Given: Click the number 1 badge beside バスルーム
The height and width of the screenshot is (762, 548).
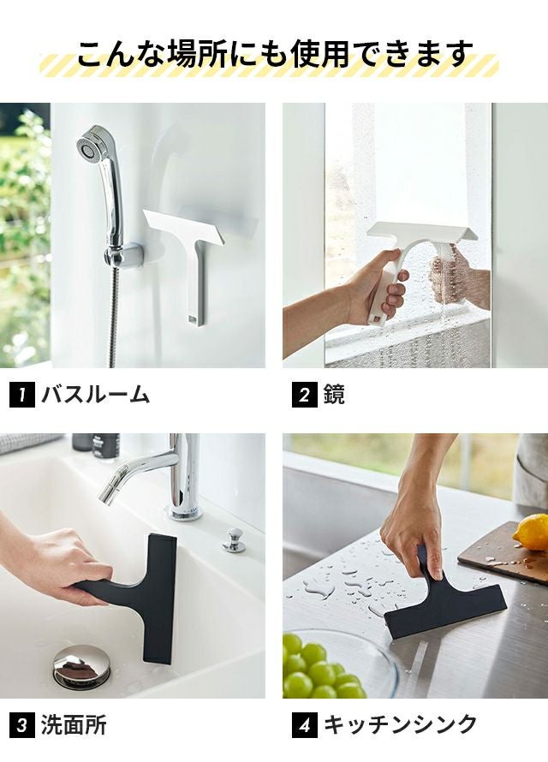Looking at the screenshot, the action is (x=22, y=395).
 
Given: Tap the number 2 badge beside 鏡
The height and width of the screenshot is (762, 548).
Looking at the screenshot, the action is (x=305, y=395).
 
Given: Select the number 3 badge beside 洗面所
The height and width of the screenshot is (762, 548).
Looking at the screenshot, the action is (x=22, y=725).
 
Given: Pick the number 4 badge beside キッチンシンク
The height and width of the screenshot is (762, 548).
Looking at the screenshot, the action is (x=305, y=725).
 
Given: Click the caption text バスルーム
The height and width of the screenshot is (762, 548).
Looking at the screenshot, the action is (x=95, y=395).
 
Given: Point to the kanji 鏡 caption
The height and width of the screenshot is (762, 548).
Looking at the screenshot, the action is (x=334, y=395).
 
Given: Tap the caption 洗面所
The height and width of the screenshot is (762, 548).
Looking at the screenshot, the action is (x=74, y=725).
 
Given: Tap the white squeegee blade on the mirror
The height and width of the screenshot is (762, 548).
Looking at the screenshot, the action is (x=421, y=232).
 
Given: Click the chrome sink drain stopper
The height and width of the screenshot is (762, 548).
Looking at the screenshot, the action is (x=81, y=666).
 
